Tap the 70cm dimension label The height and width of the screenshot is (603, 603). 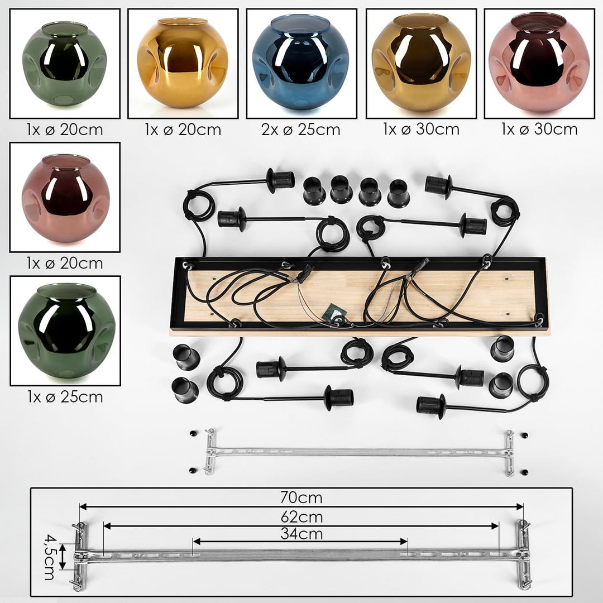pyautogui.click(x=301, y=497)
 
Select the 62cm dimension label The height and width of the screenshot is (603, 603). pyautogui.click(x=301, y=517)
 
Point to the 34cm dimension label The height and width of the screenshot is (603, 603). pyautogui.click(x=301, y=534)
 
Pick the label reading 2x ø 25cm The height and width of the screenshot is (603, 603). pyautogui.click(x=301, y=130)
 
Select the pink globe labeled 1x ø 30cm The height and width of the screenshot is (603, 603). pyautogui.click(x=539, y=63)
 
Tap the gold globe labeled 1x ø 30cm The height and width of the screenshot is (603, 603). pyautogui.click(x=421, y=63)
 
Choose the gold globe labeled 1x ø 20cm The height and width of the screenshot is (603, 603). pyautogui.click(x=182, y=63)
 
